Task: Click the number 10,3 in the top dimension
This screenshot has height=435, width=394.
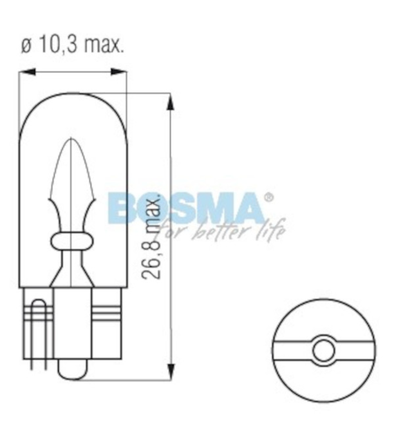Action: (57, 44)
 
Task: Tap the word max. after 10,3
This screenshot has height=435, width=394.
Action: (103, 44)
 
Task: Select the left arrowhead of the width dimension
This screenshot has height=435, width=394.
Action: (27, 72)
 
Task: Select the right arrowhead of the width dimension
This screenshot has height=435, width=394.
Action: (119, 72)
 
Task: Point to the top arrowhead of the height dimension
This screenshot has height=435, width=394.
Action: (171, 102)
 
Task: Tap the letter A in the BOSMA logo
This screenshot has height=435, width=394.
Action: (248, 209)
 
